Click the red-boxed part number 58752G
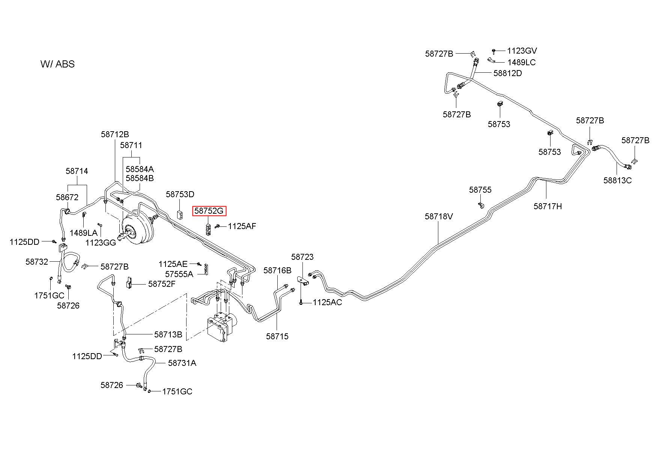pos(209,211)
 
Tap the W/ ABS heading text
pos(57,64)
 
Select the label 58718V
pos(439,216)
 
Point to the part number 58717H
pos(548,206)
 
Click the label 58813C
pos(617,180)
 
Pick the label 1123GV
pos(522,51)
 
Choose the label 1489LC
pos(522,62)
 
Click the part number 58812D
pos(507,73)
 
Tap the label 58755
pos(480,190)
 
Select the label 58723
pos(302,257)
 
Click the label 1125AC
pos(327,302)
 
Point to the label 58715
pos(277,336)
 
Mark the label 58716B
pos(277,270)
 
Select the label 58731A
pos(182,363)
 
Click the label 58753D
pos(180,194)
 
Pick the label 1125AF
pos(242,226)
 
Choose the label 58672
pos(67,197)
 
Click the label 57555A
pos(179,274)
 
